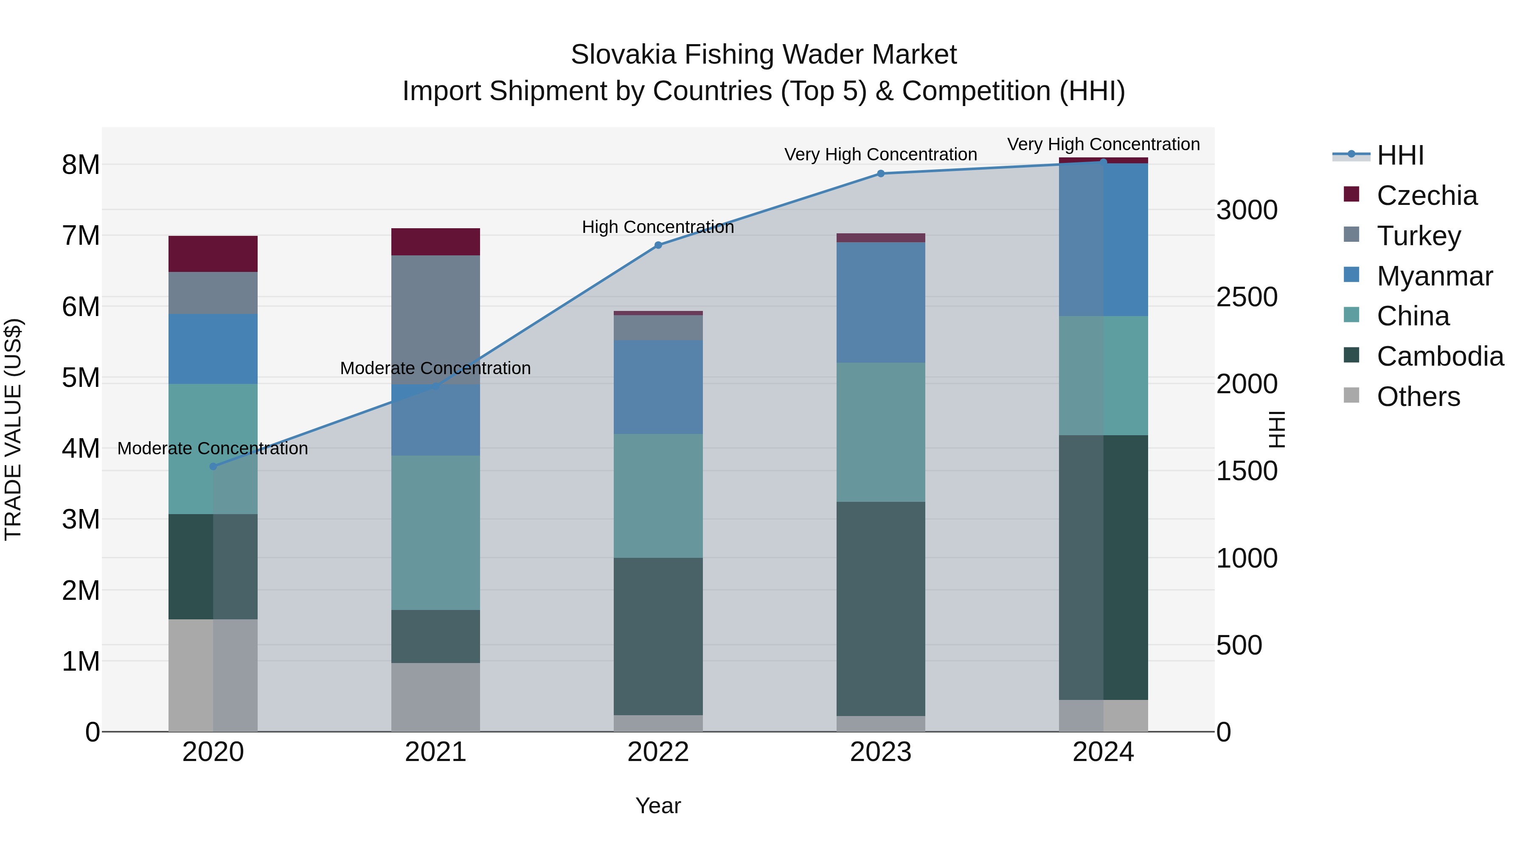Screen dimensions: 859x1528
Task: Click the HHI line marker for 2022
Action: point(658,245)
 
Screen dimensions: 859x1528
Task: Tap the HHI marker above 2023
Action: point(880,173)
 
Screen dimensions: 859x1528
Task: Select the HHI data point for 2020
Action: point(213,467)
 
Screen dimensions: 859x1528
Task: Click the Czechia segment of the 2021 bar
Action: point(435,242)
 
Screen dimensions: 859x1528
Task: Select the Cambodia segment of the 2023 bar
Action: point(880,609)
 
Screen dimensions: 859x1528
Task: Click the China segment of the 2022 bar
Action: point(658,495)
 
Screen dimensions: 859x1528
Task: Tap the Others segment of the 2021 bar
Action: point(435,697)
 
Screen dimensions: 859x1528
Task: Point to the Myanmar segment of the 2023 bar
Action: point(880,302)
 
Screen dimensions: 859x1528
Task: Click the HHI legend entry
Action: point(1399,155)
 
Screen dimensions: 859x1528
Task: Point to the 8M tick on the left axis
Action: point(81,165)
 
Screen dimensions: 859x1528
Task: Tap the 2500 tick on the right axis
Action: point(1246,297)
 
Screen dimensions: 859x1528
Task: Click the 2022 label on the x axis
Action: point(658,752)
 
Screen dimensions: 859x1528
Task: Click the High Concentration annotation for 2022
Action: point(658,227)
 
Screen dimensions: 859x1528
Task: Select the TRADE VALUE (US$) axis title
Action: point(14,429)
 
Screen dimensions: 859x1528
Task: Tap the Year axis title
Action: point(658,806)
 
